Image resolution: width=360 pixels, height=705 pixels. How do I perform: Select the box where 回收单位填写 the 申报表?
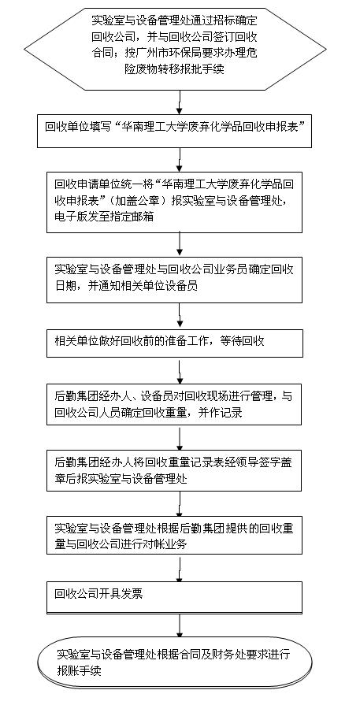[x=174, y=131]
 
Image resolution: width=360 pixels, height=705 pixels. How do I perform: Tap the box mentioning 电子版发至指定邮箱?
[x=174, y=202]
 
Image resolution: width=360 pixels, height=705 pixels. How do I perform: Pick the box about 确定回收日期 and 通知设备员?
[x=174, y=280]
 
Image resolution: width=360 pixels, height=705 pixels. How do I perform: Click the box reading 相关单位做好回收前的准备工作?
[x=174, y=343]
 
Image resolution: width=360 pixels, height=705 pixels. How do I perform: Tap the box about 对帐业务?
[x=174, y=535]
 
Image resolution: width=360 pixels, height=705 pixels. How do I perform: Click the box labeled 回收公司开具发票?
[x=174, y=598]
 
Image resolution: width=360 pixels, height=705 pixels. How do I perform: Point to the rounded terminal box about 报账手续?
[x=175, y=662]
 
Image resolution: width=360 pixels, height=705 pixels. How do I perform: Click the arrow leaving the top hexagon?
[x=180, y=102]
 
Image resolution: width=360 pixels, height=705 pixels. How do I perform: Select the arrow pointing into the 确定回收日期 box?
[x=180, y=245]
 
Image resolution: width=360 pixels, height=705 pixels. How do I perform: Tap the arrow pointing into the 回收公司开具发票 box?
[x=180, y=569]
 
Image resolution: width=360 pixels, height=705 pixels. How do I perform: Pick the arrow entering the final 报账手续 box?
[x=180, y=625]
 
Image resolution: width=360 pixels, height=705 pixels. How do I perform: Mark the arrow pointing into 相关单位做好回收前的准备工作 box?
[x=180, y=316]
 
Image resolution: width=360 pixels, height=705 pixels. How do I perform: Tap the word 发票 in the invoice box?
[x=133, y=595]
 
